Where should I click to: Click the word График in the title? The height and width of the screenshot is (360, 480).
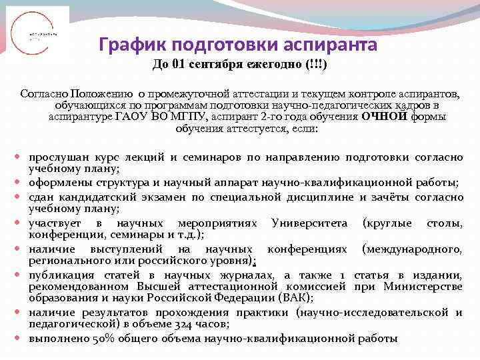pos(131,45)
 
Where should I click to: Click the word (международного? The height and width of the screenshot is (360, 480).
pos(411,249)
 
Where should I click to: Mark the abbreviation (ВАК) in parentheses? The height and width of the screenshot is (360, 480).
pos(294,297)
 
